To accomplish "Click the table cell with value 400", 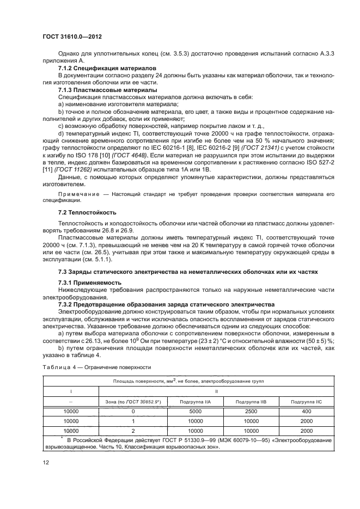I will (x=306, y=411).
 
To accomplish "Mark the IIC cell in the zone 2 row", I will (x=306, y=431).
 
